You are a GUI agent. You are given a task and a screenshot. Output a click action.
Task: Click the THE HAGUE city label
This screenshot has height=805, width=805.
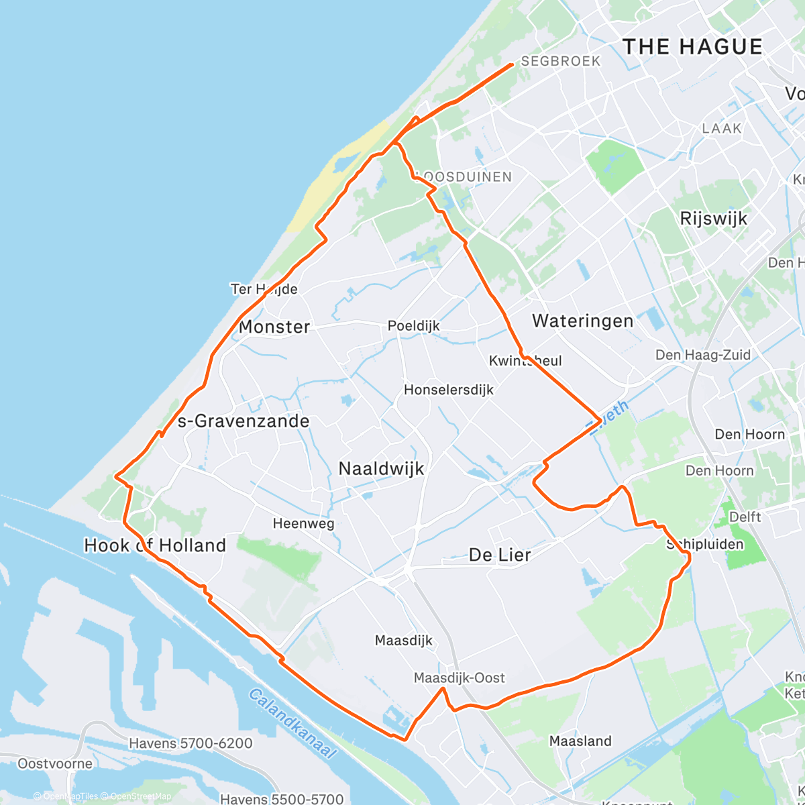692,47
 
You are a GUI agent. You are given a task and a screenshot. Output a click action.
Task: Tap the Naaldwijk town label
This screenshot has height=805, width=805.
381,468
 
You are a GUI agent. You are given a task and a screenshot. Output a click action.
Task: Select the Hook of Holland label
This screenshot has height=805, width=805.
155,545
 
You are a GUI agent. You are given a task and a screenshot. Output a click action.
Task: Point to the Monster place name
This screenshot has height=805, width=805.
274,327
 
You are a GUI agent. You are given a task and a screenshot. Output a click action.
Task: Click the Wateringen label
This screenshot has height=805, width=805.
582,321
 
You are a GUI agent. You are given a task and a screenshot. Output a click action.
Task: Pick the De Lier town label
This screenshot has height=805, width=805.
500,555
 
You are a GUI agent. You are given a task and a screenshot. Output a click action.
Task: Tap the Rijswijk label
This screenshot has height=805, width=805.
713,219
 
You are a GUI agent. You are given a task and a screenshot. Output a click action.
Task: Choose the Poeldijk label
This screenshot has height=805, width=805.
414,325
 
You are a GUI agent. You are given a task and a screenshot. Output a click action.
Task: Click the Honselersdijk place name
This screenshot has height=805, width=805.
449,390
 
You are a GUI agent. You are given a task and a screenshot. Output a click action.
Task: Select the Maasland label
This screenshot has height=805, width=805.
580,741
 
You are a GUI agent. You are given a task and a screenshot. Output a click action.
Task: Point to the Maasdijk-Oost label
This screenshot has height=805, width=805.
460,678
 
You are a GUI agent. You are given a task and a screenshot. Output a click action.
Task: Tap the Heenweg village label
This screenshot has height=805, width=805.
303,523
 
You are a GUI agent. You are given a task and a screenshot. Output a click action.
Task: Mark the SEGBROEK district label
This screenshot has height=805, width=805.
561,61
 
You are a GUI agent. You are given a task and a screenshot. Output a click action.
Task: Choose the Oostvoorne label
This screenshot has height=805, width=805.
55,763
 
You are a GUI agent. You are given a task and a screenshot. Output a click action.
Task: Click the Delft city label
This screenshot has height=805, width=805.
745,517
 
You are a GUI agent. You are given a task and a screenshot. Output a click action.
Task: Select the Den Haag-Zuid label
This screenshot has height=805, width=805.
702,355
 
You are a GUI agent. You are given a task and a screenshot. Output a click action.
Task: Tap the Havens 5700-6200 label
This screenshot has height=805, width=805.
191,743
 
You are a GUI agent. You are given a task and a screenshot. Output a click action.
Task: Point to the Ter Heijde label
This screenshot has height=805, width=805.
264,289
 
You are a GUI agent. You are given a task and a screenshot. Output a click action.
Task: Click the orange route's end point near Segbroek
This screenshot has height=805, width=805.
513,64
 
